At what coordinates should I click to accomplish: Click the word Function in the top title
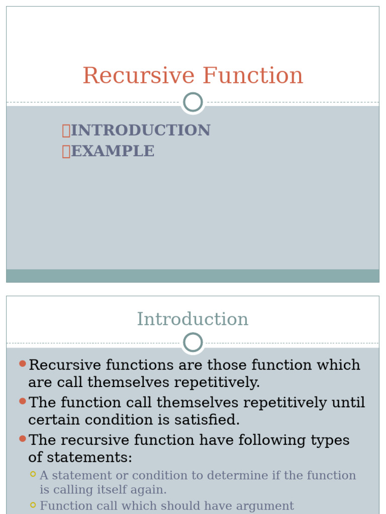[253, 76]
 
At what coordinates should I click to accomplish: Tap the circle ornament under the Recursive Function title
[193, 102]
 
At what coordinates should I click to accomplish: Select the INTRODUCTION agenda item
[140, 131]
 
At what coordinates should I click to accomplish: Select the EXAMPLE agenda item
[113, 151]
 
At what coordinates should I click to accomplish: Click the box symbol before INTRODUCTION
[66, 131]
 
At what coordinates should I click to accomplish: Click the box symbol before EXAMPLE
[66, 152]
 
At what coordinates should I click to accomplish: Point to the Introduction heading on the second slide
[192, 319]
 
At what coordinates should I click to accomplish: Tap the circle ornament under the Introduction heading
[193, 342]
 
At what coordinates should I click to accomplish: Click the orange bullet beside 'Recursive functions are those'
[22, 364]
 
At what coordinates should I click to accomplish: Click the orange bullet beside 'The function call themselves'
[22, 401]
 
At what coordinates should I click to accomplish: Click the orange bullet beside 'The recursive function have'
[22, 439]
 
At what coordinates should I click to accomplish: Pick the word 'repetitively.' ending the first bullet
[217, 382]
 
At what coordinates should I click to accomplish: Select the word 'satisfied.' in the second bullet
[209, 420]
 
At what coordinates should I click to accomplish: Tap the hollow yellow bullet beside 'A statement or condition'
[33, 474]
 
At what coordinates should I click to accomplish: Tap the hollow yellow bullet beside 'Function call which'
[33, 505]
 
